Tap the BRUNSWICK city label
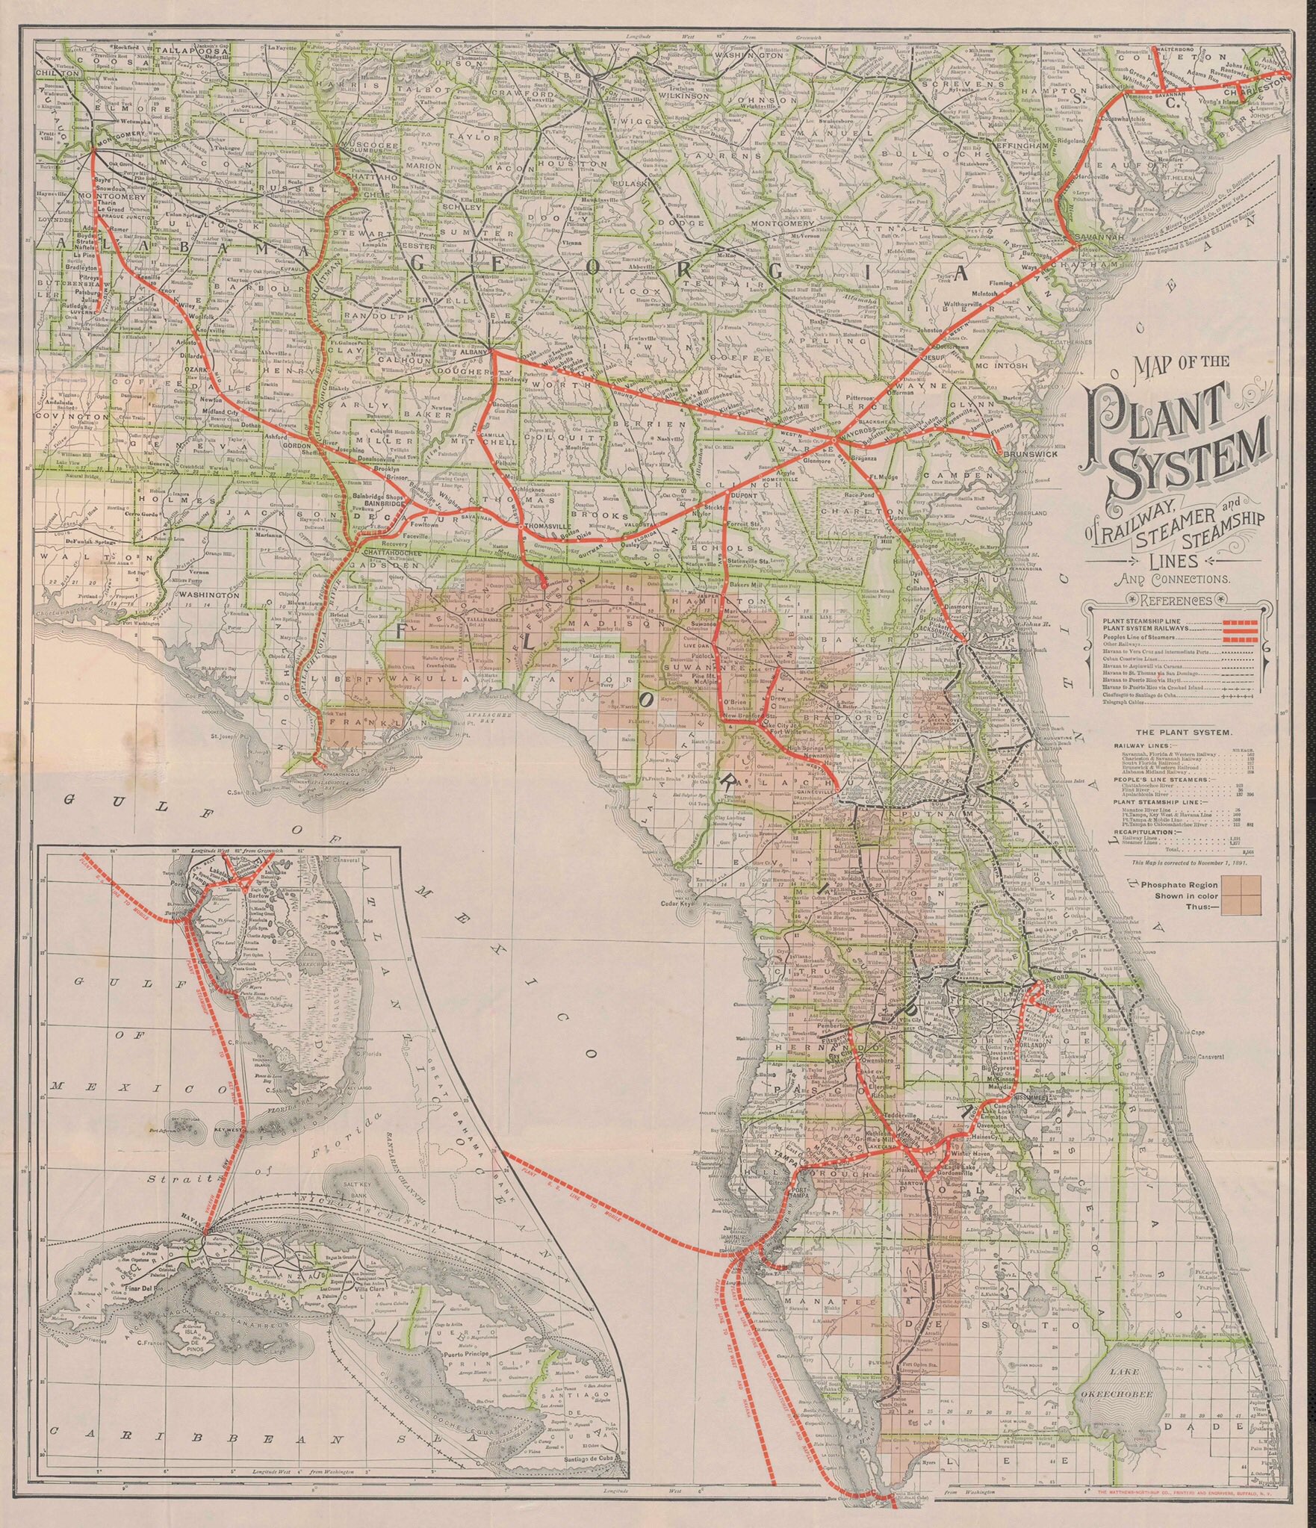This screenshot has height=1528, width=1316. (x=1028, y=453)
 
